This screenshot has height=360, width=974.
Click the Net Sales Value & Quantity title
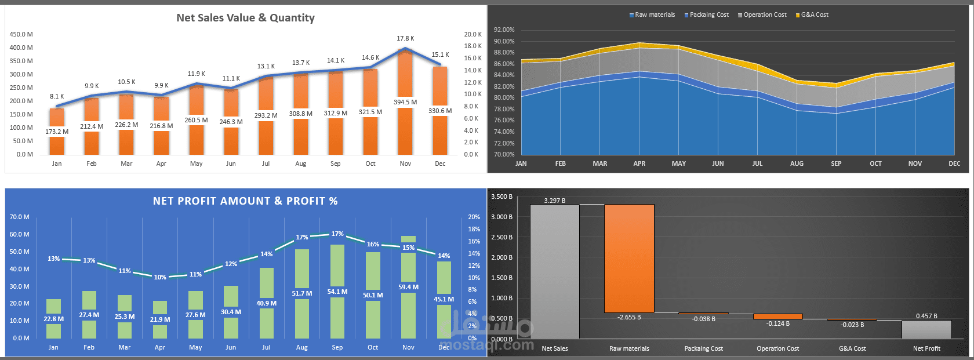tap(245, 18)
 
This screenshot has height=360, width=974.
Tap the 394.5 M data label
tap(405, 102)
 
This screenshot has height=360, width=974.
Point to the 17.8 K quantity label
tap(405, 38)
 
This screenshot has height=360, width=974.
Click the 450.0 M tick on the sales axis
tap(21, 34)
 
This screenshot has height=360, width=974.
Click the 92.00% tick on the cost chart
tap(504, 30)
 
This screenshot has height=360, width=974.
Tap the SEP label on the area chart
tap(836, 163)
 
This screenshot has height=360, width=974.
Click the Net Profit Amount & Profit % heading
tap(245, 201)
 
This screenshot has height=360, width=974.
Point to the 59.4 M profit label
tap(409, 287)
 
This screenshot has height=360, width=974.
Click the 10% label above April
tap(160, 277)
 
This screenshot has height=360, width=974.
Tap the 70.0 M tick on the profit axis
tap(19, 217)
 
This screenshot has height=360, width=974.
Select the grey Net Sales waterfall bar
tap(554, 271)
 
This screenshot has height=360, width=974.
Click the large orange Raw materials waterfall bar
tap(629, 259)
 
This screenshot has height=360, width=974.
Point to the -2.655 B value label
tap(629, 317)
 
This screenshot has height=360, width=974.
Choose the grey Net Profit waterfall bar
tap(926, 329)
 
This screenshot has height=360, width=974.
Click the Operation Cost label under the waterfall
tap(777, 348)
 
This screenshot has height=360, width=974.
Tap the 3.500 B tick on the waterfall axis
tap(502, 197)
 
